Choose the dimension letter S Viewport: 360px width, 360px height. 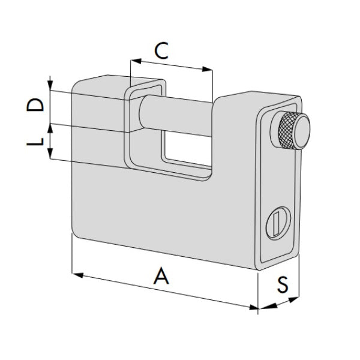click(281, 284)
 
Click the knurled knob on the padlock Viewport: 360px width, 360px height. click(292, 131)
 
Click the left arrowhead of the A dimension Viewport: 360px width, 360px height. click(75, 275)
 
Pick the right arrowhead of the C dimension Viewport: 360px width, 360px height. click(210, 70)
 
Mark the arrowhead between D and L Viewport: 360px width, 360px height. click(51, 125)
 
